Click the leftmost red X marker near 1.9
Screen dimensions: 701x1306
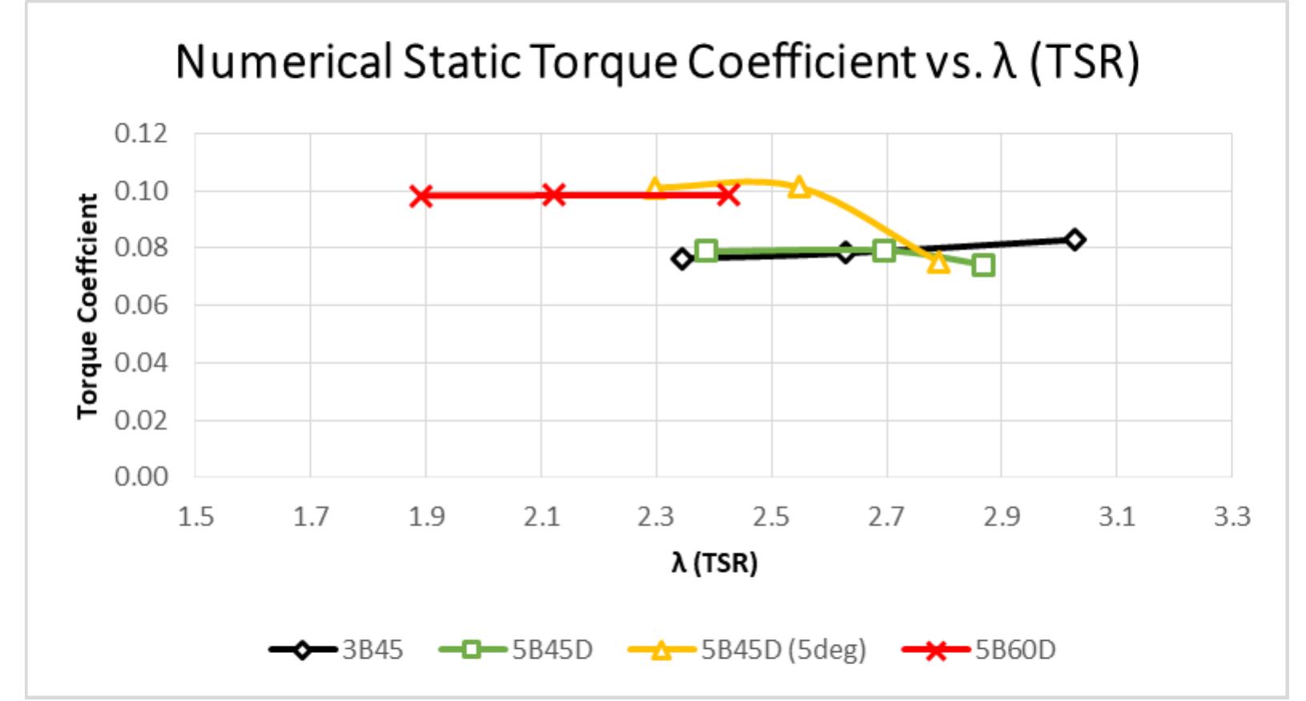pos(421,195)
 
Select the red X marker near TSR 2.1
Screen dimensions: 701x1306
pos(553,195)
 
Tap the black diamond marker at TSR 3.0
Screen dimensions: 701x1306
pos(1075,240)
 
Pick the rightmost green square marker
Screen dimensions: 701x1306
pos(983,265)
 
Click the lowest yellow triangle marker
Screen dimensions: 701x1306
pos(938,263)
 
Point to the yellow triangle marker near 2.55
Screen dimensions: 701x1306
pos(799,187)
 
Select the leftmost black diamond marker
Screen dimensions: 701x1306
pos(681,258)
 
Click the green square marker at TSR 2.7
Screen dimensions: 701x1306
pos(884,251)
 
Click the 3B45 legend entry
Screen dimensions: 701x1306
pos(336,649)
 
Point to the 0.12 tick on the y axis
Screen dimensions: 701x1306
pos(141,133)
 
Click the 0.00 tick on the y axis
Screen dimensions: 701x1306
pos(141,477)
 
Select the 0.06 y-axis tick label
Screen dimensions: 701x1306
pos(141,305)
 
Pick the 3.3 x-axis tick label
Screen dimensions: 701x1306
pos(1232,517)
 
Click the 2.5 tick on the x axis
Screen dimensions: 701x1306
pos(771,517)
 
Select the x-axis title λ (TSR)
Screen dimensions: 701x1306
pos(713,563)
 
